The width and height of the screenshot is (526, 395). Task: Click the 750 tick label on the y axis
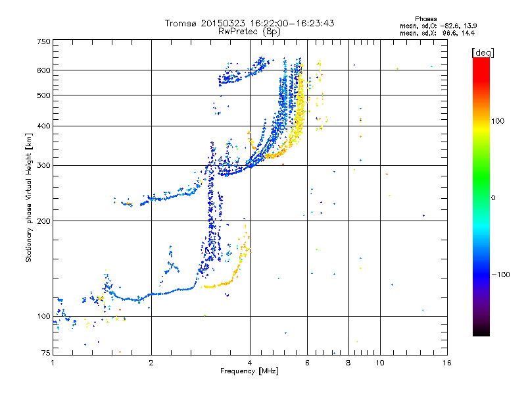(x=43, y=41)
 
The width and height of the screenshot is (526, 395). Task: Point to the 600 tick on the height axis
(x=43, y=70)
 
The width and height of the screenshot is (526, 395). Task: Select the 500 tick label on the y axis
(x=43, y=95)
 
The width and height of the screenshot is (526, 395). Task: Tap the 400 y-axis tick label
(x=43, y=126)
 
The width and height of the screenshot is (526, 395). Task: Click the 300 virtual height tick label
(x=43, y=165)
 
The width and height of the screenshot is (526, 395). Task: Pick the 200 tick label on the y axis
(x=43, y=221)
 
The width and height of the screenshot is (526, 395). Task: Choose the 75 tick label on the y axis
(x=45, y=354)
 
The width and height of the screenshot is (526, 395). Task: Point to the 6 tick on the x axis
(x=307, y=363)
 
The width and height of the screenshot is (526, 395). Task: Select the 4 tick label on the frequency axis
(x=250, y=363)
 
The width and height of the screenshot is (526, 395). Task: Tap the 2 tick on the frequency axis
(x=151, y=363)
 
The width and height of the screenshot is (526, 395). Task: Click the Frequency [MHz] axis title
(x=250, y=372)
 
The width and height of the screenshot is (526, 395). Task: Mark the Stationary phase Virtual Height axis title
(x=29, y=197)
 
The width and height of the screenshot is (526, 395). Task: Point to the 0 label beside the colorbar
(x=493, y=197)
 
